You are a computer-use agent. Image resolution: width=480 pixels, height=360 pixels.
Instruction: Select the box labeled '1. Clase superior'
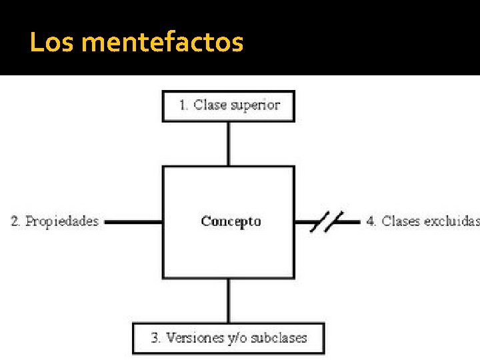pyautogui.click(x=229, y=106)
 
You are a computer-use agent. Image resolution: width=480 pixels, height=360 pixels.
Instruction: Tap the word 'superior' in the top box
pyautogui.click(x=255, y=105)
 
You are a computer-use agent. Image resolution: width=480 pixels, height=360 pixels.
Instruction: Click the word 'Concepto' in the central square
pyautogui.click(x=231, y=221)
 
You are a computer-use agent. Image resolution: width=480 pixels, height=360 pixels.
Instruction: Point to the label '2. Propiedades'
pyautogui.click(x=55, y=221)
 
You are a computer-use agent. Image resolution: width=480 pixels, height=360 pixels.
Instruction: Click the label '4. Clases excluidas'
pyautogui.click(x=422, y=221)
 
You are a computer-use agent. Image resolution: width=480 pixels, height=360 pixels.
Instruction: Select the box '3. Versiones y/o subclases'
pyautogui.click(x=229, y=338)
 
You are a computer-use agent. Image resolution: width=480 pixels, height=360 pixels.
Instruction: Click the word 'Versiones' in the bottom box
pyautogui.click(x=195, y=338)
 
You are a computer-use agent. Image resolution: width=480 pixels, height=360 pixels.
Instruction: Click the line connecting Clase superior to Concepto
pyautogui.click(x=229, y=143)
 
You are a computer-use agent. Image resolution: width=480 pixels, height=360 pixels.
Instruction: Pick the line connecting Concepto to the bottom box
pyautogui.click(x=229, y=301)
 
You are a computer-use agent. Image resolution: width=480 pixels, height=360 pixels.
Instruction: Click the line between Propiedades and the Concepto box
pyautogui.click(x=133, y=221)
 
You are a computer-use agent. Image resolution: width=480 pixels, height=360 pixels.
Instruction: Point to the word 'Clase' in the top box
pyautogui.click(x=210, y=105)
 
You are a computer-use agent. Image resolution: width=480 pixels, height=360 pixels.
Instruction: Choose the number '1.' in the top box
pyautogui.click(x=184, y=105)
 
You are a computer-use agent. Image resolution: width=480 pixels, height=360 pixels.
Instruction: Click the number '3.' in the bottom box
pyautogui.click(x=156, y=338)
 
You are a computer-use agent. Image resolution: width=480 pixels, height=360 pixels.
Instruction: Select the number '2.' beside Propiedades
pyautogui.click(x=15, y=221)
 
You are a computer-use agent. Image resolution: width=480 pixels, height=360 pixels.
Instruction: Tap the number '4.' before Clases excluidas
pyautogui.click(x=371, y=221)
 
